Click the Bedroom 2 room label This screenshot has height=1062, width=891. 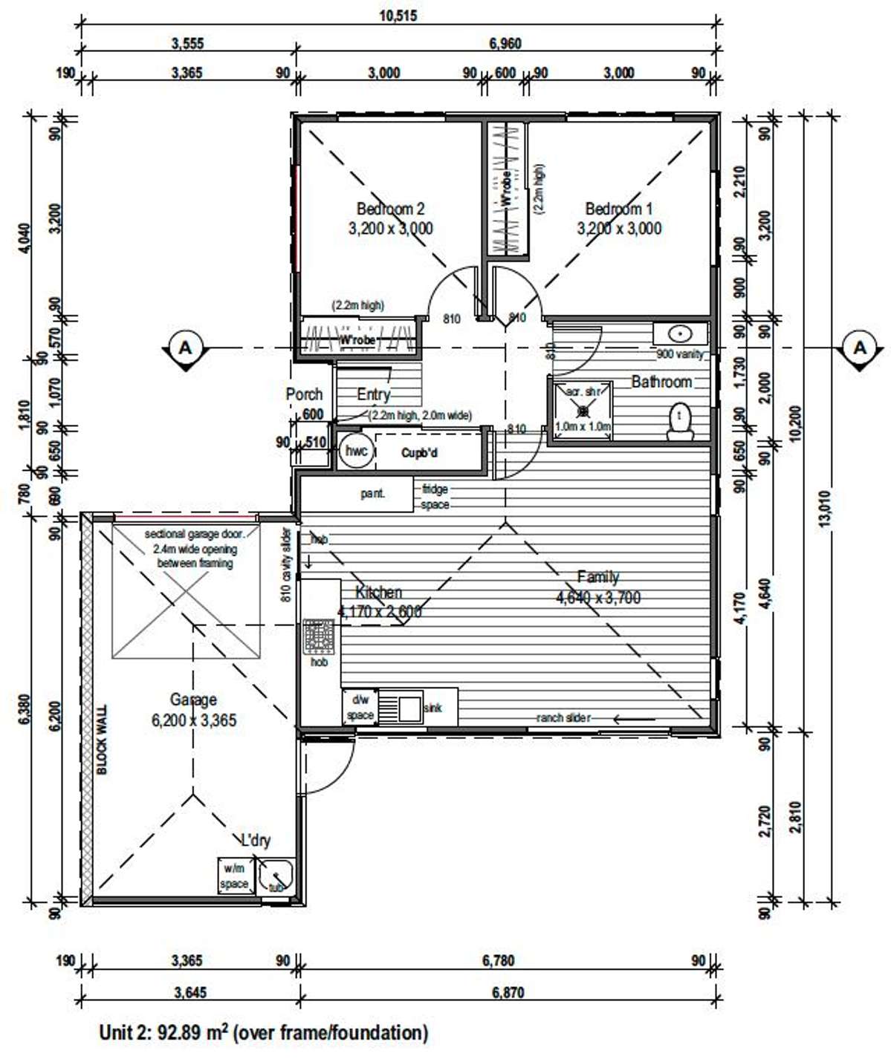click(x=390, y=209)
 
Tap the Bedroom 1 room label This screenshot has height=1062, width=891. click(x=618, y=209)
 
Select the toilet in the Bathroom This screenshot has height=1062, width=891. click(x=680, y=422)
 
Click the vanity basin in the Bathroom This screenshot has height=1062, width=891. click(x=679, y=333)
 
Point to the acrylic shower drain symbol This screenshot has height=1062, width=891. click(x=583, y=409)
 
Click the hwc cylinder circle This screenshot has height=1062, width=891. click(x=356, y=452)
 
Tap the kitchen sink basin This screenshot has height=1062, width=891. click(x=410, y=707)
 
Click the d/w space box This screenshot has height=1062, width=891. click(x=360, y=707)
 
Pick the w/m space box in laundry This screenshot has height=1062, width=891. click(x=234, y=876)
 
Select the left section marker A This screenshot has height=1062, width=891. click(x=185, y=348)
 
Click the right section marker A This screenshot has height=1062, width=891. click(x=860, y=348)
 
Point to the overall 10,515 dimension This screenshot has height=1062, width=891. click(x=398, y=16)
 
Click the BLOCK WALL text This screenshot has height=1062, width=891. click(x=103, y=740)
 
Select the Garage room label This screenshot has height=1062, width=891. click(x=193, y=700)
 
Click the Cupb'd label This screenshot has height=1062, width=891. click(x=419, y=453)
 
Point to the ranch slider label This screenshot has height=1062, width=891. click(x=563, y=717)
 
